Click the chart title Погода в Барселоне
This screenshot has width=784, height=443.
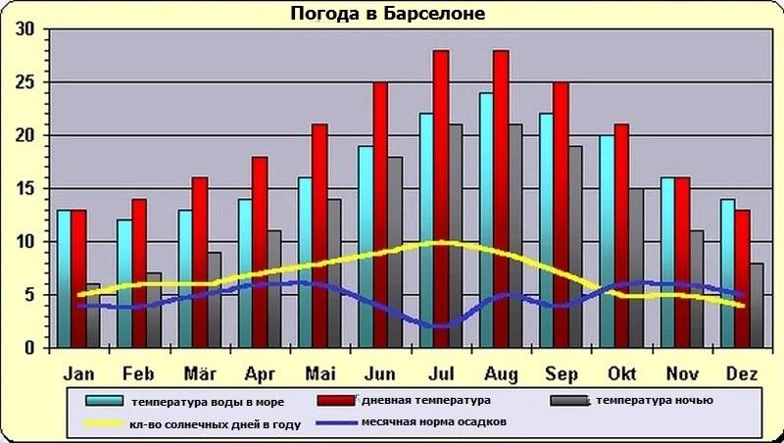[388, 15]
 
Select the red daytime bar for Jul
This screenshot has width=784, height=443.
[441, 196]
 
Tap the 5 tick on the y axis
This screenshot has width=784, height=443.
[29, 294]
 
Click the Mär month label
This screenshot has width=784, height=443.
[200, 373]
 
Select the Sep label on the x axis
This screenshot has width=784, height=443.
[562, 373]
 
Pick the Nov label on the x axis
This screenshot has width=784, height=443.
[682, 373]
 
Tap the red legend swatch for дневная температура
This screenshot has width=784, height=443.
[336, 401]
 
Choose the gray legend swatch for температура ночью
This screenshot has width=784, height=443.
[566, 401]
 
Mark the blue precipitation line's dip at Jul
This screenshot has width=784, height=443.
[441, 326]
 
